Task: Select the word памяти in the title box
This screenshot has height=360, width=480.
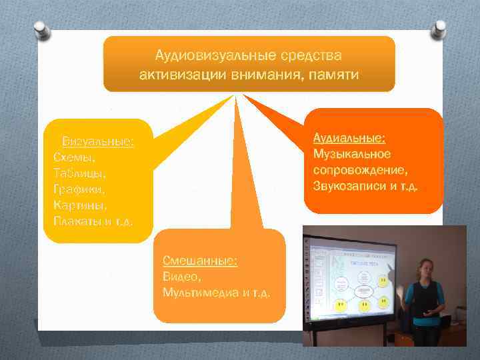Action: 333,74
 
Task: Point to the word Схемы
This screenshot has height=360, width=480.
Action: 74,157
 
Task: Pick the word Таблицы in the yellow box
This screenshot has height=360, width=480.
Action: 79,173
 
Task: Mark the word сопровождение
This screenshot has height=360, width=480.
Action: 361,169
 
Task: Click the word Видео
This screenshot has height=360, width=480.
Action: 180,277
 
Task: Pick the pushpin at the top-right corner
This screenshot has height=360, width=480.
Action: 439,29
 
